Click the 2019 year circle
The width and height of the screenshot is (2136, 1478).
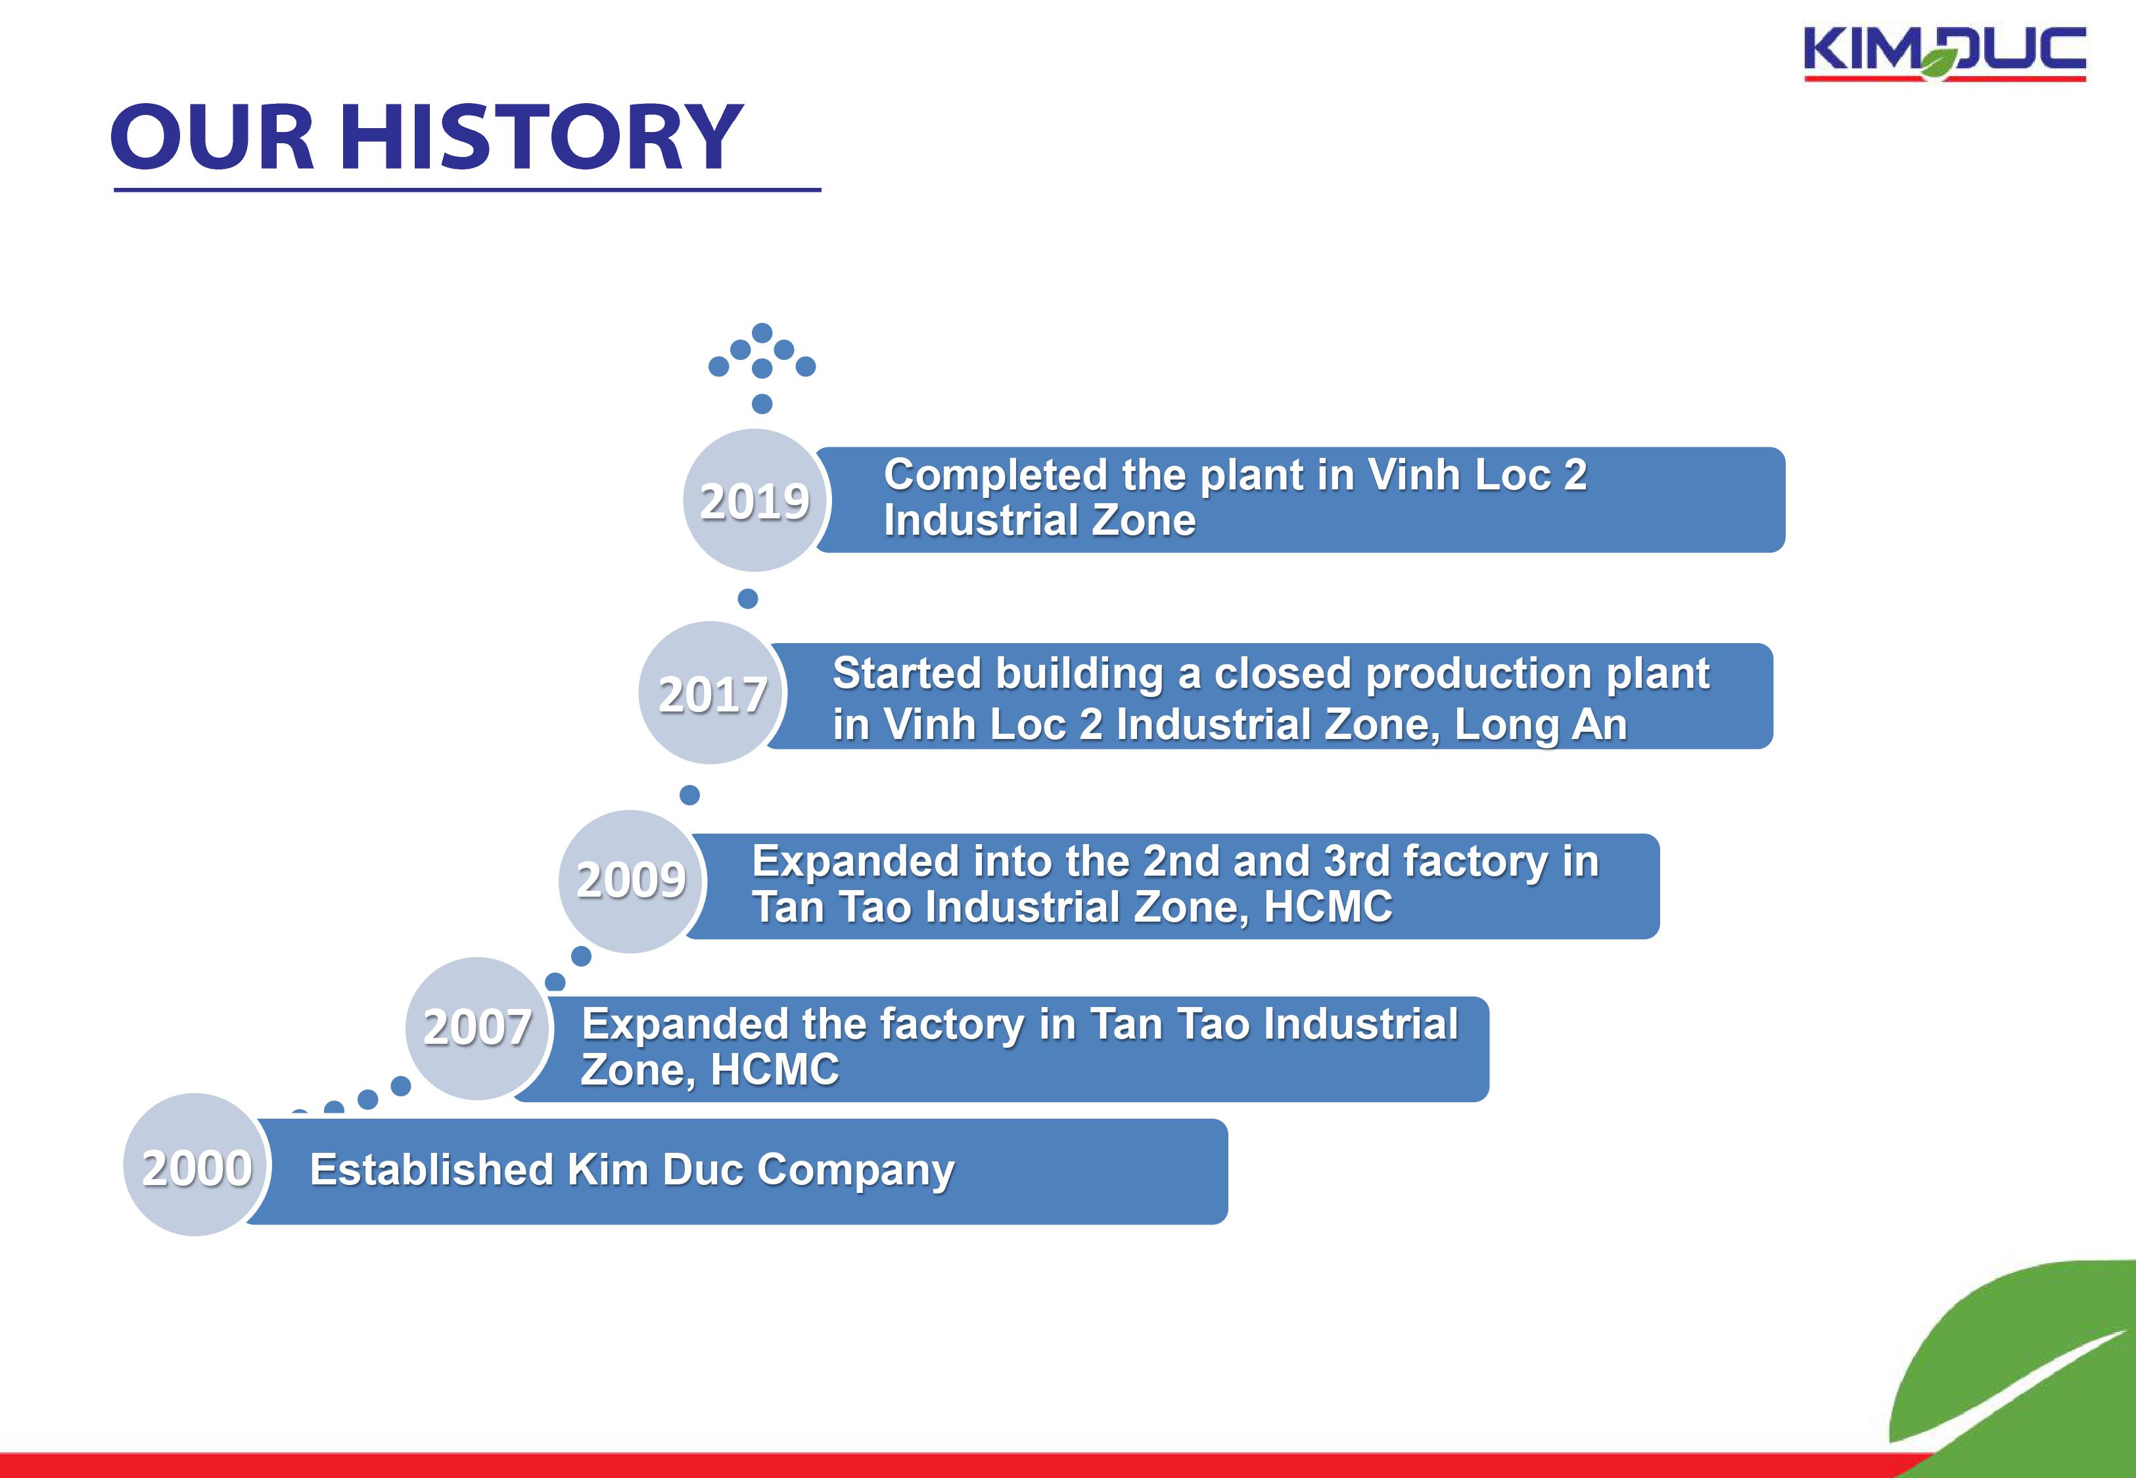[756, 500]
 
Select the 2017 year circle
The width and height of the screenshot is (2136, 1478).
[711, 693]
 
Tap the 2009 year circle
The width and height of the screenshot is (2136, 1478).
[632, 881]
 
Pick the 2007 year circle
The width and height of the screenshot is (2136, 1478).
[478, 1028]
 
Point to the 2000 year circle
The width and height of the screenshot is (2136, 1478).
[197, 1165]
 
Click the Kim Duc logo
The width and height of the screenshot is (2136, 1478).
[1944, 54]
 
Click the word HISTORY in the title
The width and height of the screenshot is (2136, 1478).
[542, 137]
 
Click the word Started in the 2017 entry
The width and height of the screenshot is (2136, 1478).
[905, 673]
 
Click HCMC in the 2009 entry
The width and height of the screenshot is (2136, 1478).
[1328, 907]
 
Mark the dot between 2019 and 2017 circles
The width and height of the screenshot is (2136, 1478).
[747, 598]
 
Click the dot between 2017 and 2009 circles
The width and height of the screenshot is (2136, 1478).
[689, 795]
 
